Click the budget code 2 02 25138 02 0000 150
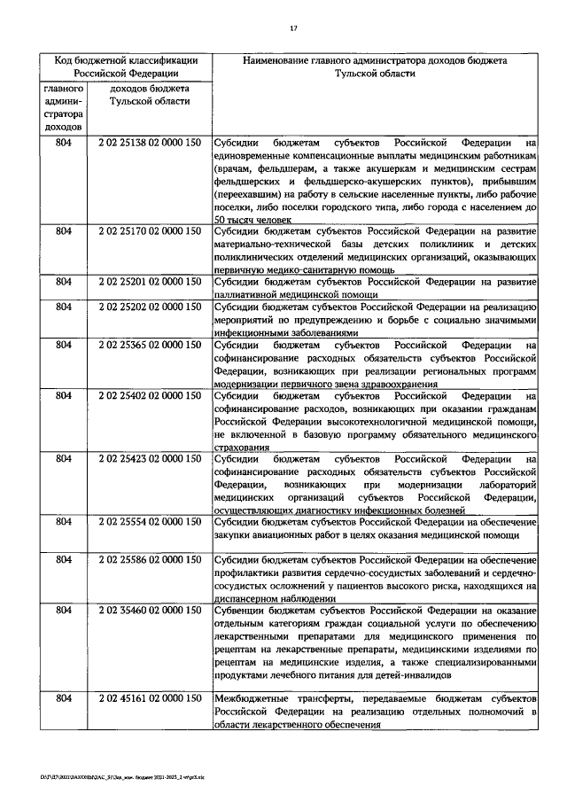click(149, 143)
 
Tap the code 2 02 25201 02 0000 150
click(149, 283)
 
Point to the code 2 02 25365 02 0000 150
click(149, 345)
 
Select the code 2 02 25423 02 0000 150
click(149, 460)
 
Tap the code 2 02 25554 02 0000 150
click(149, 523)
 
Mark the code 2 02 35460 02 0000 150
click(149, 611)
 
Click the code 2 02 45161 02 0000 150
click(149, 699)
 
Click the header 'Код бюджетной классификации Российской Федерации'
click(125, 67)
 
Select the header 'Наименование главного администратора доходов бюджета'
click(375, 60)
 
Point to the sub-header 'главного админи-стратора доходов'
click(63, 108)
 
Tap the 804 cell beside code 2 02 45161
click(63, 699)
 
